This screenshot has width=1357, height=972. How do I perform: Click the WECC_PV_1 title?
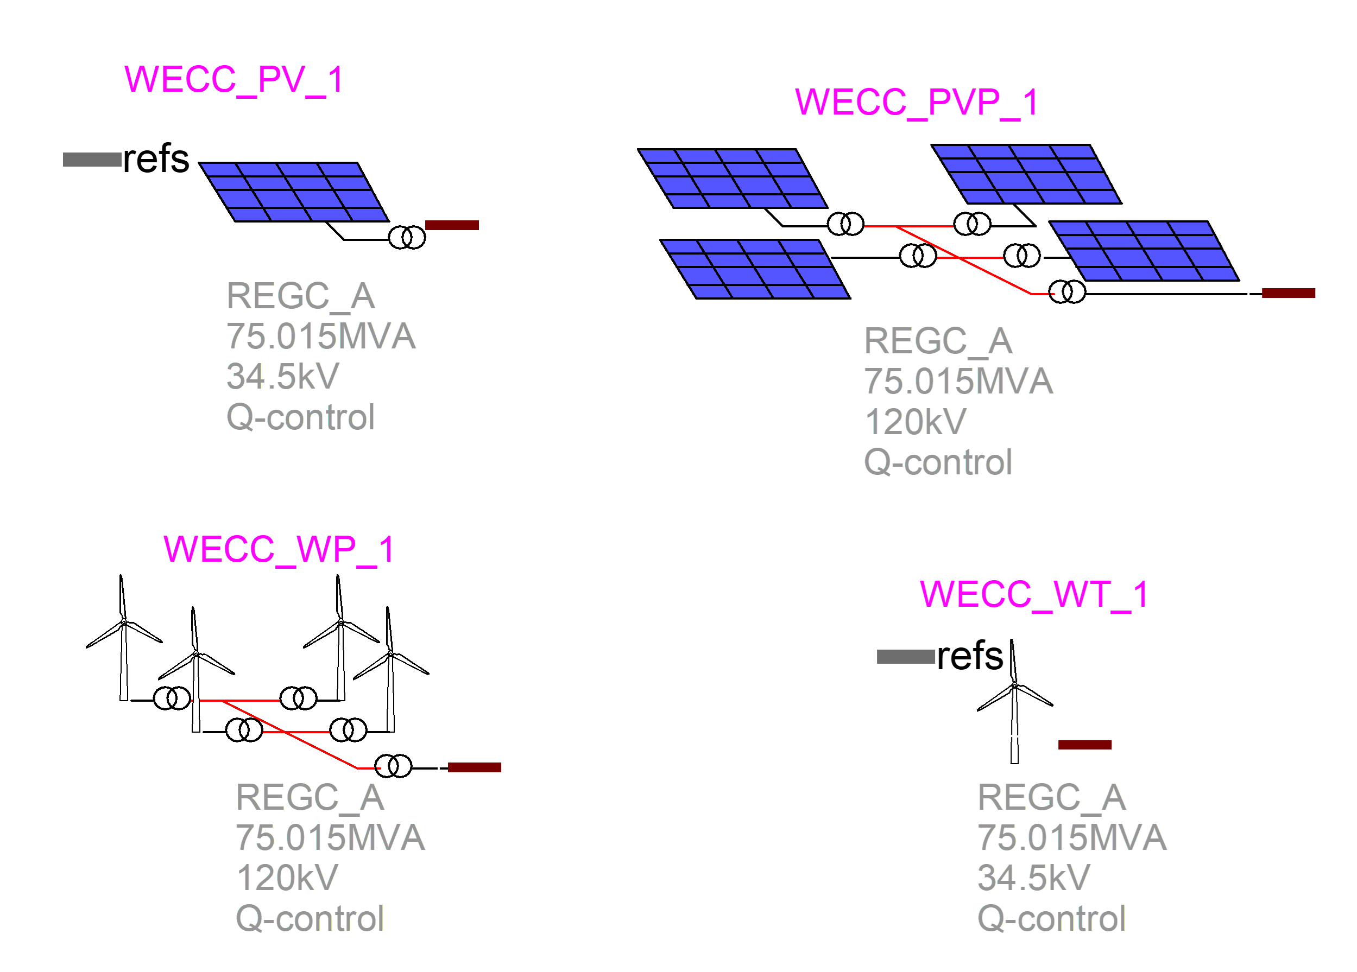point(233,80)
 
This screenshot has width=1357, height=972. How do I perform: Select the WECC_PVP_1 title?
point(916,102)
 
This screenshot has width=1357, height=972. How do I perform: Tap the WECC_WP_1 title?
point(279,549)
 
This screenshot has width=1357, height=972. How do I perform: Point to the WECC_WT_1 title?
point(1034,595)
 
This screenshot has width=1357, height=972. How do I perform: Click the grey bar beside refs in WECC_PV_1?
point(92,160)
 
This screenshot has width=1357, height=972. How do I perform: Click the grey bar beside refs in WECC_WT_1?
point(905,657)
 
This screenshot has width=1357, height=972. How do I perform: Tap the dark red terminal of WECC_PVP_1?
point(1288,293)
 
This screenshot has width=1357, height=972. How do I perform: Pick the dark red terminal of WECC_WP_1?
point(475,767)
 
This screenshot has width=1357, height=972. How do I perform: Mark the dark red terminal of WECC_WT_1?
point(1085,745)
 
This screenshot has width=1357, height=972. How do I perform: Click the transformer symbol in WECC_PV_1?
point(407,238)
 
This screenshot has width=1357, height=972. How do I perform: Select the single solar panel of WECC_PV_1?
point(294,192)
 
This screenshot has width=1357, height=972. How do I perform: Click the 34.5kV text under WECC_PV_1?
point(282,376)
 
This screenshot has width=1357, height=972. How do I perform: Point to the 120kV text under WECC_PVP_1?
point(915,422)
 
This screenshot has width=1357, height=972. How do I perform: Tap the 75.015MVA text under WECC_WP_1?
point(330,837)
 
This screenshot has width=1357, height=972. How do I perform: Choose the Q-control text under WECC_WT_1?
point(1051,918)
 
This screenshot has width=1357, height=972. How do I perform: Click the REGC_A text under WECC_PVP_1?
point(938,341)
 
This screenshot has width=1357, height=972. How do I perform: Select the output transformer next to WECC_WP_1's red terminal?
point(393,766)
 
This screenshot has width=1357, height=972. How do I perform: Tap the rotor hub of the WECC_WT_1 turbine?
point(1015,685)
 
